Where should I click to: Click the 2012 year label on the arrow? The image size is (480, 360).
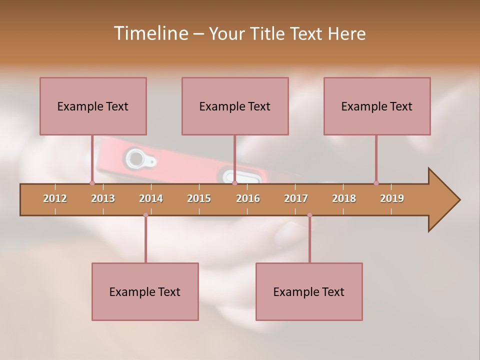coord(55,198)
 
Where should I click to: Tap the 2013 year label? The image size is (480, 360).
coord(103,198)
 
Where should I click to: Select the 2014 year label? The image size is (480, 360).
coord(151,198)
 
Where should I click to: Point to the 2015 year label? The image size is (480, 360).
coord(199,198)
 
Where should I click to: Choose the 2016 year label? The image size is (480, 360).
coord(248,198)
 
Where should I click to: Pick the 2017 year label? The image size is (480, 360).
coord(296,198)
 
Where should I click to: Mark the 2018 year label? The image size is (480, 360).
coord(344,198)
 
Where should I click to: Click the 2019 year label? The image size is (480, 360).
coord(392,198)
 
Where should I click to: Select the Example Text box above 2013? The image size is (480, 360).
coord(93,106)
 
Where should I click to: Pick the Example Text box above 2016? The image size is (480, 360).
coord(235,106)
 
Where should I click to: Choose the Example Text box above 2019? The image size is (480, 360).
coord(377,106)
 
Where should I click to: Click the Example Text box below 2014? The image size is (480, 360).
coord(145,291)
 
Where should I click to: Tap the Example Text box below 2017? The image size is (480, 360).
coord(309,291)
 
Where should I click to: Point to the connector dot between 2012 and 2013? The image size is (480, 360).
coord(92,183)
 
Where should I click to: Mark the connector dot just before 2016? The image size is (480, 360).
coord(234,183)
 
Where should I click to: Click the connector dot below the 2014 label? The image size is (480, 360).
coord(145,215)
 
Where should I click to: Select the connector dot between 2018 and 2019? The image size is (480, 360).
coord(376,183)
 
